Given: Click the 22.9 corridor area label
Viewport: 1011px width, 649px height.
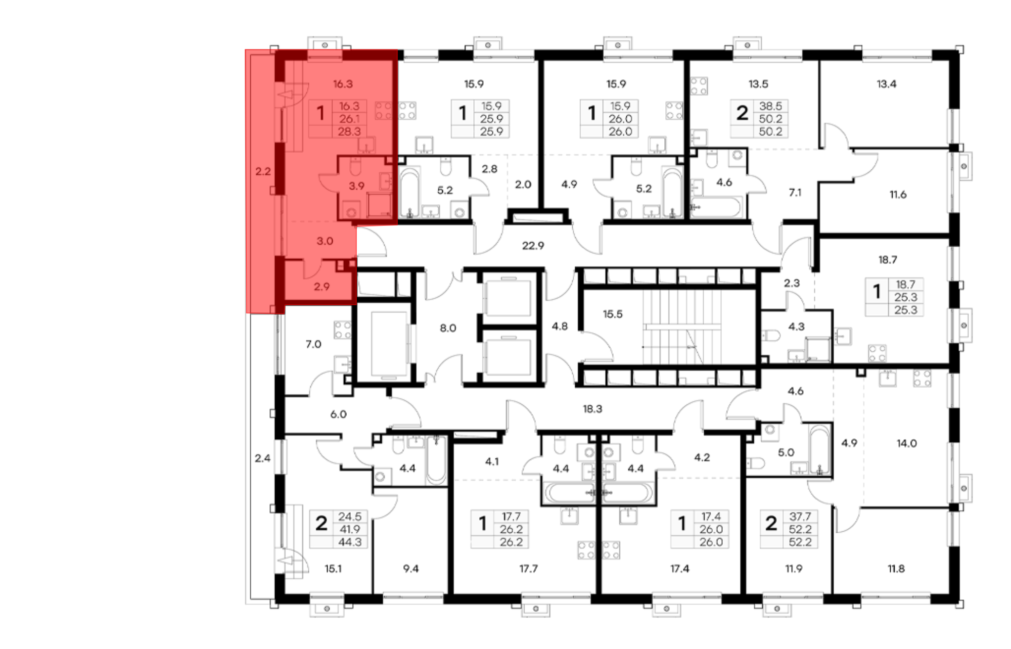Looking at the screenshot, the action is click(x=533, y=246).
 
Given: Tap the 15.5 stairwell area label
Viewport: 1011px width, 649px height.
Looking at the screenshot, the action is click(x=612, y=314).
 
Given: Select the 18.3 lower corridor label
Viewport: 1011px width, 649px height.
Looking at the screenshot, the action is click(x=592, y=408).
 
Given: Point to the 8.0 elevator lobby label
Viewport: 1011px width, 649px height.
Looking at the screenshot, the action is click(x=447, y=328).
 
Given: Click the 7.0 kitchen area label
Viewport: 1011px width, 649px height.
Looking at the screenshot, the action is click(x=313, y=344).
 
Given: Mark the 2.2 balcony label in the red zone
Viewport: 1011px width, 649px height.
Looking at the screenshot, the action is click(x=263, y=171).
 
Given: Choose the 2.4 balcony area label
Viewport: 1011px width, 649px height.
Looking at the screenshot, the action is click(x=262, y=458).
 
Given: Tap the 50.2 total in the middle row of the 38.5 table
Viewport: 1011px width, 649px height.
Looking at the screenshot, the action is click(x=770, y=119).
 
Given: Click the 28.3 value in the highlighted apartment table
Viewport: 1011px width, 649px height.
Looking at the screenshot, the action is click(x=349, y=131).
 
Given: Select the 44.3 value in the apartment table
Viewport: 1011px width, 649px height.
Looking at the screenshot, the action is click(x=350, y=542).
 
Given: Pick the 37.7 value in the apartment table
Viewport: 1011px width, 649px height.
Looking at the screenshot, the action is click(x=800, y=517).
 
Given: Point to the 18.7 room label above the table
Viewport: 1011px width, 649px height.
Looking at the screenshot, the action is click(x=887, y=260).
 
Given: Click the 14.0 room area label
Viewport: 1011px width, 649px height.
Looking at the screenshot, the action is click(x=906, y=443).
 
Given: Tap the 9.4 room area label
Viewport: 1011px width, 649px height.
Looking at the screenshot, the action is click(x=410, y=569).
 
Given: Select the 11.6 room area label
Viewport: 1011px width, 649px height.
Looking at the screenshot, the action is click(x=898, y=194).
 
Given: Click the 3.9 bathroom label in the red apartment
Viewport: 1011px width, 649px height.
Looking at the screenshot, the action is click(x=356, y=186).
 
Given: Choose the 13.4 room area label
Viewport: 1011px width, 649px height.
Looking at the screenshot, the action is click(x=886, y=84).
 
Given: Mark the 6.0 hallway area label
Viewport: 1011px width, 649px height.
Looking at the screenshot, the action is click(x=338, y=414).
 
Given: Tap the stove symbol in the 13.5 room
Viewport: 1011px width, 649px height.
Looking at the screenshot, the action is click(x=699, y=86).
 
